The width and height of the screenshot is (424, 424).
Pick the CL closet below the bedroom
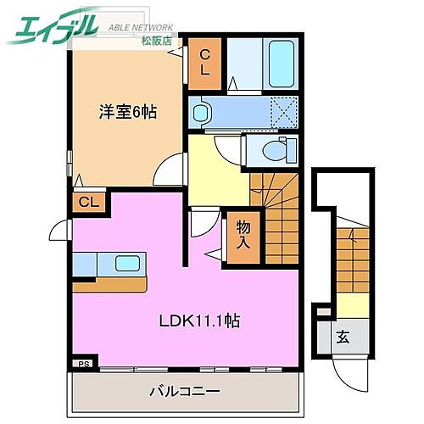pyautogui.click(x=86, y=202)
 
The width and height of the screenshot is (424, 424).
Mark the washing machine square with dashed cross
pyautogui.click(x=281, y=110)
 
